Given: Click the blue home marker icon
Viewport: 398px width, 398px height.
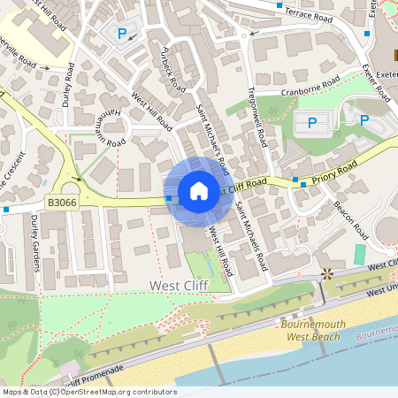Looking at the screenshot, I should click(199, 191).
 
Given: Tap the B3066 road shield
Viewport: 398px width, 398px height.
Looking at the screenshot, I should click(62, 203).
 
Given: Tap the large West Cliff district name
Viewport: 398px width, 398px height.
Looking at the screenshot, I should click(178, 286).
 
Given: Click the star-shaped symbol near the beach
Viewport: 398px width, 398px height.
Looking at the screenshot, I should click(328, 274).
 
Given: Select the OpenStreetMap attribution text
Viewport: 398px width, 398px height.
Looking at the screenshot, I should click(88, 392).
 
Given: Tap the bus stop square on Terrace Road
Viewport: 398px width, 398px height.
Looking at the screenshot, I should click(280, 6).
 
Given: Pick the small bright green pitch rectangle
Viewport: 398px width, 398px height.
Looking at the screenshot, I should click(359, 255).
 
